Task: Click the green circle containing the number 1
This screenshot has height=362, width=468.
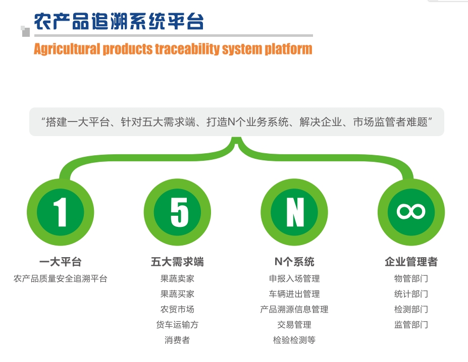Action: pos(60,211)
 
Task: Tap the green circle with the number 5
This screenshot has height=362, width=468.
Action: pos(177,211)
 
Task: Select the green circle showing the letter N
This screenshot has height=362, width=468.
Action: pos(294,211)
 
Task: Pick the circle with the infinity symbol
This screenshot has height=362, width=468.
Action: pos(411,211)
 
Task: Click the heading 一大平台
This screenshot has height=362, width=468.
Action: pos(60,262)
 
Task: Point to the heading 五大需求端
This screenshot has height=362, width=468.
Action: pos(177,262)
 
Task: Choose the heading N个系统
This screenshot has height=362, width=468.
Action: pos(294,262)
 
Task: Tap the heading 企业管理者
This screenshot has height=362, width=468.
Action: pos(411,262)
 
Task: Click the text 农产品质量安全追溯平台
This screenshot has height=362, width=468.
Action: pos(60,278)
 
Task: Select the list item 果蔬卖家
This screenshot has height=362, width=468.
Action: pos(177,278)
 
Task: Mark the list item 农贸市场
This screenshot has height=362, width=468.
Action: pos(177,309)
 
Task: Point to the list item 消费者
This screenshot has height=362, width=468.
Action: pos(177,340)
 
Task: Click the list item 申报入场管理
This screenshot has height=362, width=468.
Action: pos(294,278)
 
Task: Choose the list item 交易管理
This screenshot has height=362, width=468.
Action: pos(294,325)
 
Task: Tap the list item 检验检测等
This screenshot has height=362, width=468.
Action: pos(294,340)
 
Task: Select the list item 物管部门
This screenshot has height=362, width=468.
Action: pos(411,278)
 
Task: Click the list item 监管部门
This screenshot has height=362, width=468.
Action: pos(411,325)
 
